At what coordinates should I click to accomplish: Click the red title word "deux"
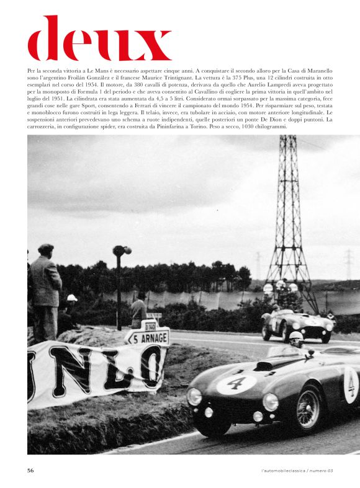(x=99, y=38)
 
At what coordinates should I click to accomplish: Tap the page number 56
(x=30, y=471)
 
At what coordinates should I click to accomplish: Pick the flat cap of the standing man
(x=45, y=248)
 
